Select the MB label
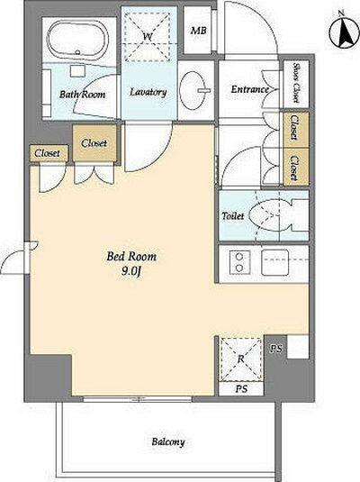pyautogui.click(x=198, y=31)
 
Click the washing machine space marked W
pyautogui.click(x=148, y=36)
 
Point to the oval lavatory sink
pyautogui.click(x=193, y=90)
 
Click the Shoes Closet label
pyautogui.click(x=296, y=82)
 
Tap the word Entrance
pyautogui.click(x=249, y=89)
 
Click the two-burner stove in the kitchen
pyautogui.click(x=239, y=262)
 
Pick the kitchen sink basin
pyautogui.click(x=274, y=262)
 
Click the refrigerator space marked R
pyautogui.click(x=241, y=359)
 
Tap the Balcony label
pyautogui.click(x=168, y=442)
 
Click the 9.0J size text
pyautogui.click(x=131, y=271)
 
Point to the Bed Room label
pyautogui.click(x=131, y=256)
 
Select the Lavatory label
pyautogui.click(x=148, y=92)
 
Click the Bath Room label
pyautogui.click(x=82, y=94)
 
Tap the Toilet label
pyautogui.click(x=233, y=216)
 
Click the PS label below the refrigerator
pyautogui.click(x=241, y=389)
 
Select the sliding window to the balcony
pyautogui.click(x=138, y=399)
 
